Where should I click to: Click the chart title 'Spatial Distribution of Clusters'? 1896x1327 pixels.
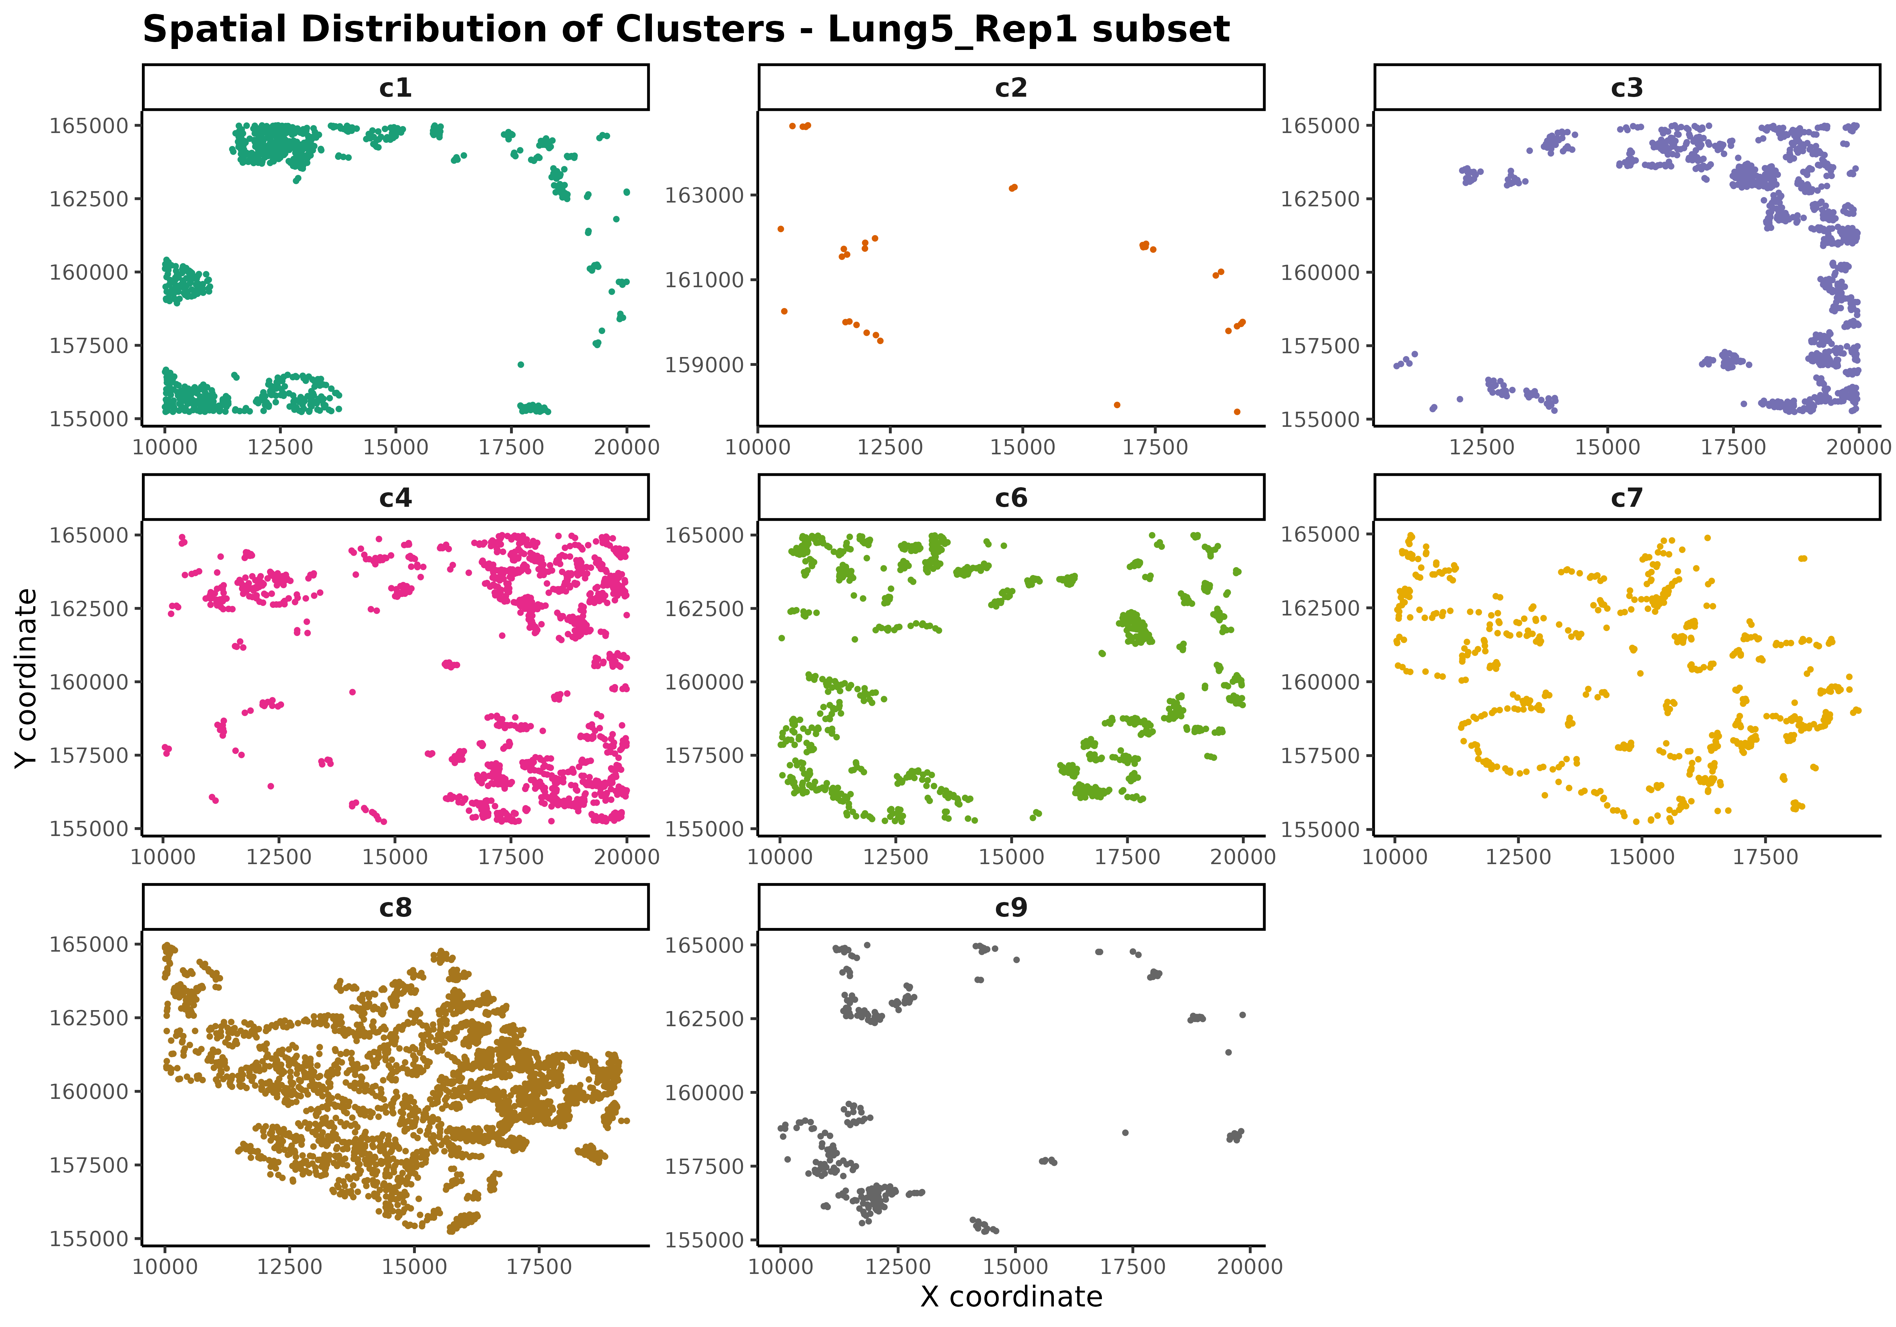point(685,30)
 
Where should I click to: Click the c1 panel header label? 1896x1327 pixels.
point(396,88)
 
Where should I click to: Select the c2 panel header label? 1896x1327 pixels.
point(1011,88)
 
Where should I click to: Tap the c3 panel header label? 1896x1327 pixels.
point(1627,88)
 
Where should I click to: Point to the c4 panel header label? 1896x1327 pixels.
point(396,498)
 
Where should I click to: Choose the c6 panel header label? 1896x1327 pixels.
point(1011,498)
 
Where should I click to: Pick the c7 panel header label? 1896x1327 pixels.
point(1627,498)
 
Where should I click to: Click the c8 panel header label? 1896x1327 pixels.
point(396,907)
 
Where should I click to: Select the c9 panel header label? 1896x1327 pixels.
point(1011,907)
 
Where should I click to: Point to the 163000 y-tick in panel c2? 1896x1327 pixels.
point(704,196)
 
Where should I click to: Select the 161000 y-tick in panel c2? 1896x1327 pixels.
point(704,280)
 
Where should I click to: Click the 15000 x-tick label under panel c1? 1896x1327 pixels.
point(396,448)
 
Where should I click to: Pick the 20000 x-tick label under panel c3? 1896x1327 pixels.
point(1858,448)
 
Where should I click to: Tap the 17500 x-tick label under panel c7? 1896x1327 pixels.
point(1765,857)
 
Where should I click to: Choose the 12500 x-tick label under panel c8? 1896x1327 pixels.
point(289,1267)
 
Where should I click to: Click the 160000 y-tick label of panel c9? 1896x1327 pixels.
point(704,1093)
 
